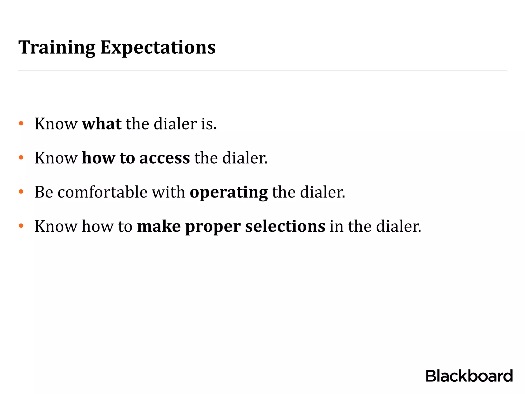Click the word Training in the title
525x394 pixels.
(57, 48)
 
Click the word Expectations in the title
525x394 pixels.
(158, 48)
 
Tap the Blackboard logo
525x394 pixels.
(469, 376)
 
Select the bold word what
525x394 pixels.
(102, 124)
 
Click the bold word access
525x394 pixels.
(165, 158)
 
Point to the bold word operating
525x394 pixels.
(229, 192)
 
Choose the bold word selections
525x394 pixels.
(285, 226)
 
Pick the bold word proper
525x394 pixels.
(213, 227)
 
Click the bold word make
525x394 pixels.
(159, 226)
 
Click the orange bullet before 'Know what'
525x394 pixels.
(21, 123)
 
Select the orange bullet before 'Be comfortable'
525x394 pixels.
(21, 192)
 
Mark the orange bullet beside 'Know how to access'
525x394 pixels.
(21, 157)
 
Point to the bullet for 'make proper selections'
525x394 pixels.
(21, 226)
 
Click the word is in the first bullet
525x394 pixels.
(209, 124)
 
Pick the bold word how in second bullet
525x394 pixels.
(98, 158)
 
